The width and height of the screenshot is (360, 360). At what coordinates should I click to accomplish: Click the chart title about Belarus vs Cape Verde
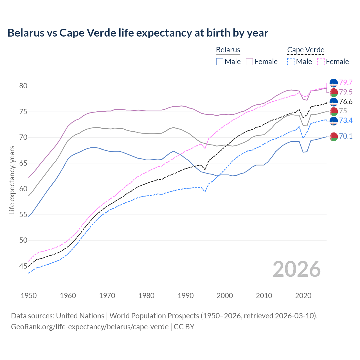click(x=138, y=33)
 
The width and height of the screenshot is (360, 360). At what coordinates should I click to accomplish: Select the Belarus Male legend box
click(x=220, y=62)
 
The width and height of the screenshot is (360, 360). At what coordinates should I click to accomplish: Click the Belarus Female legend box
click(x=249, y=62)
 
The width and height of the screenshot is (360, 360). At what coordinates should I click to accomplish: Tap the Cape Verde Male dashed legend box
click(x=291, y=62)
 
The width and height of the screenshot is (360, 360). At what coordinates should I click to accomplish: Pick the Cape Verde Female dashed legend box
click(x=321, y=62)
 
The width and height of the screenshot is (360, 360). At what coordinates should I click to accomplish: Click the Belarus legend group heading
click(x=228, y=50)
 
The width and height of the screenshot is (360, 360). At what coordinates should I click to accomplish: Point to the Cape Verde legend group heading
click(x=306, y=50)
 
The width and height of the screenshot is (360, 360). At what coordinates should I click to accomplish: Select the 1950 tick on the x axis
click(x=29, y=296)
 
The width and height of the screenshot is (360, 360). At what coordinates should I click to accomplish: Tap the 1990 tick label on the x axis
click(x=186, y=296)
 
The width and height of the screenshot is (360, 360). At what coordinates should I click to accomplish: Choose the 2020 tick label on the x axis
click(x=303, y=296)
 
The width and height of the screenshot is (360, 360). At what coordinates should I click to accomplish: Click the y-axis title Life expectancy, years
click(x=12, y=180)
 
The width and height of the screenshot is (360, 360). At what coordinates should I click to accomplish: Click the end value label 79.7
click(x=346, y=82)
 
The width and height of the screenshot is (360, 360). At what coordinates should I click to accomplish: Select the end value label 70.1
click(x=346, y=136)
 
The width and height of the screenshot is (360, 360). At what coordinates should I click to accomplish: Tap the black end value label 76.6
click(x=346, y=102)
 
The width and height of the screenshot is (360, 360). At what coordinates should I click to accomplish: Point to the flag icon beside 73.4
click(x=334, y=121)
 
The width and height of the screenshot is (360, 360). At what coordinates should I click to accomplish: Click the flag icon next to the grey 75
click(x=334, y=111)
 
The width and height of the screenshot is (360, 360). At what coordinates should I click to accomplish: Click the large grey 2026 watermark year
click(x=296, y=269)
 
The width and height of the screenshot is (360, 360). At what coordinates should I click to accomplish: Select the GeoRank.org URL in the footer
click(x=90, y=327)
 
